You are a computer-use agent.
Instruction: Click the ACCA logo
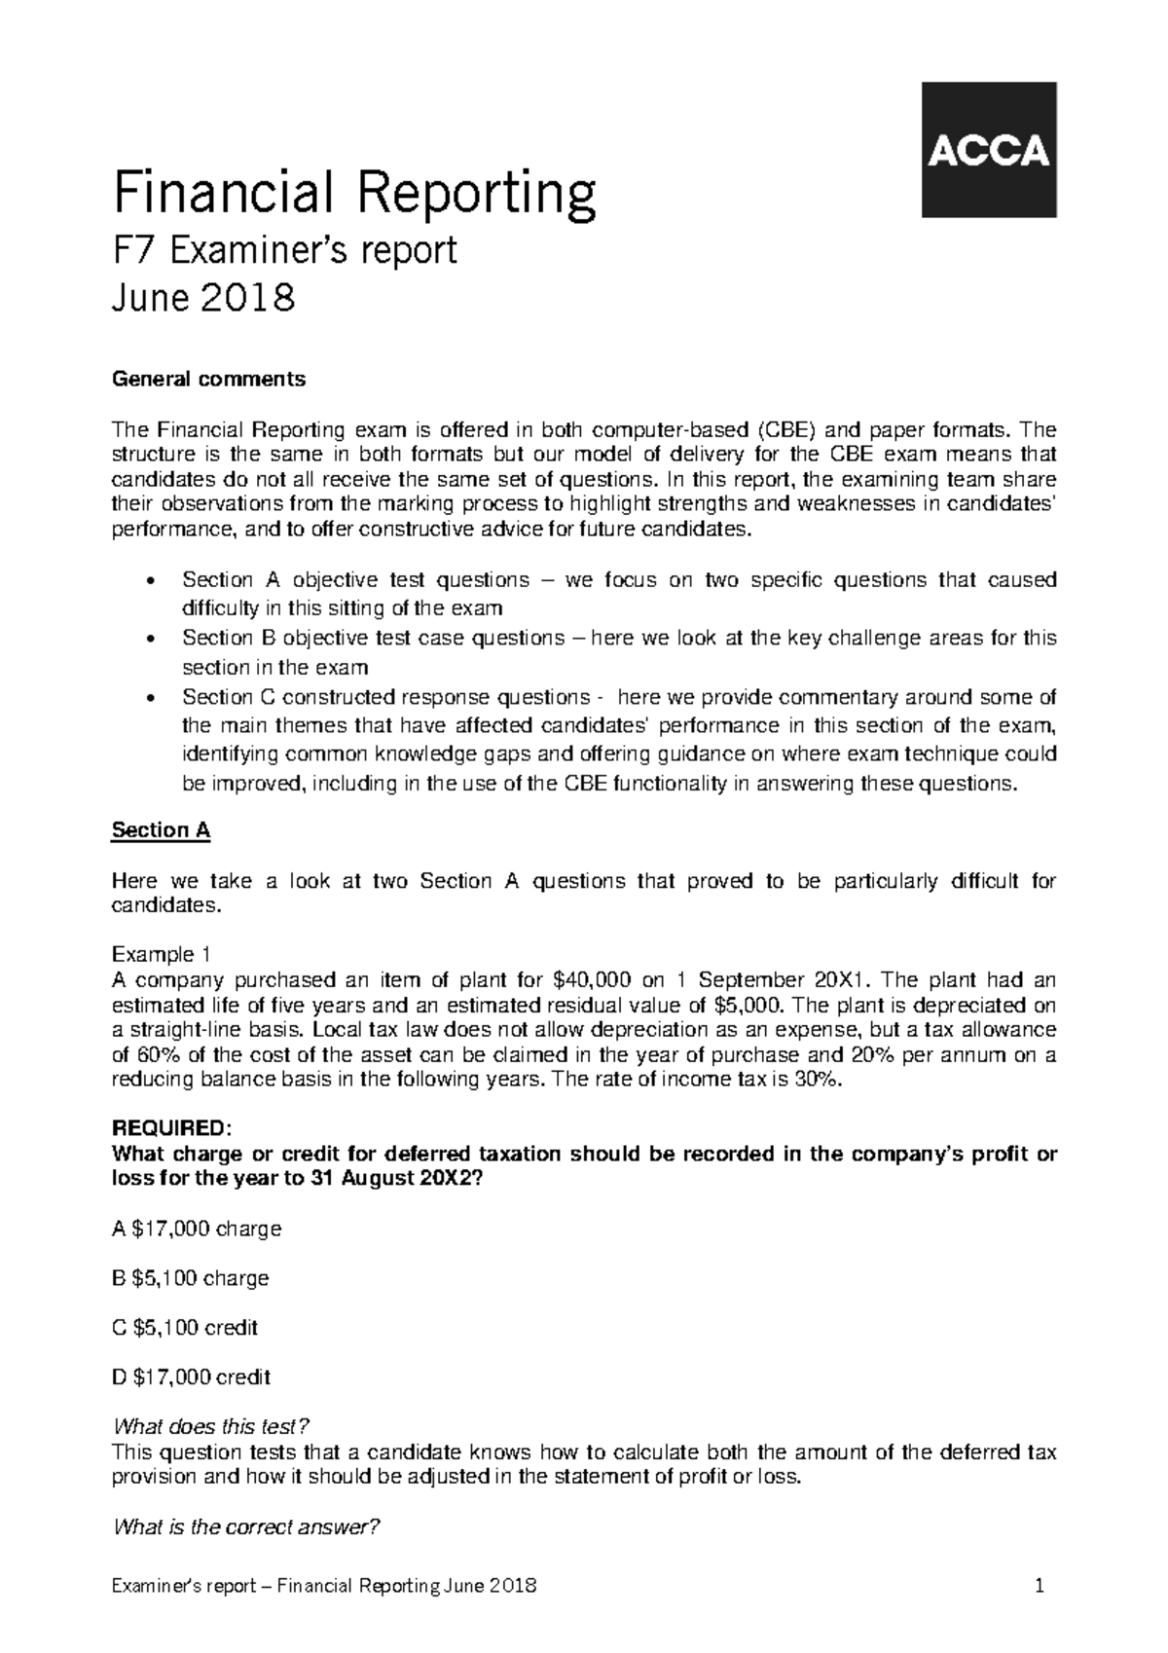tap(989, 150)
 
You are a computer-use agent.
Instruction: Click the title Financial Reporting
tap(354, 194)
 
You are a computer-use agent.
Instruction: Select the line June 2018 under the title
tap(203, 297)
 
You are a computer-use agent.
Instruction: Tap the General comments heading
tap(209, 379)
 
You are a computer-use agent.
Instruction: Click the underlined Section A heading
tap(162, 830)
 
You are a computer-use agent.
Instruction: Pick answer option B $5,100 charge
tap(191, 1278)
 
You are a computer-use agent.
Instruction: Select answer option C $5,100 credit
tap(186, 1327)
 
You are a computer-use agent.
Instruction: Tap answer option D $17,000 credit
tap(192, 1377)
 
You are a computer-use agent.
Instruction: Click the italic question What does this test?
tap(211, 1427)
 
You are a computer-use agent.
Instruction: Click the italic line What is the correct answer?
tap(245, 1526)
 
